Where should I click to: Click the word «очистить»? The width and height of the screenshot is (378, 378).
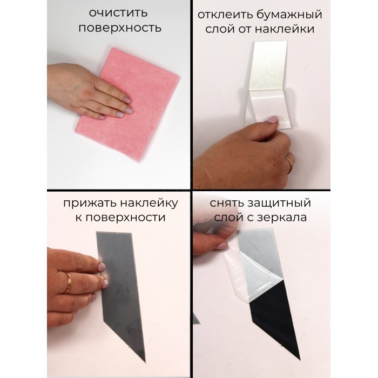[x=118, y=12]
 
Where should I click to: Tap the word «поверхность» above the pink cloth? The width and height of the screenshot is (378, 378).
[x=120, y=28]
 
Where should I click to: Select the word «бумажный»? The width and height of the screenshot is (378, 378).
[x=289, y=15]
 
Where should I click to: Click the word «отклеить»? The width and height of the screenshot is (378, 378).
[x=225, y=15]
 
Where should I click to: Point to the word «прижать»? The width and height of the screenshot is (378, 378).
[x=90, y=204]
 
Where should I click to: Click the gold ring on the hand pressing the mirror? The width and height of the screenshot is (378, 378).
[x=68, y=283]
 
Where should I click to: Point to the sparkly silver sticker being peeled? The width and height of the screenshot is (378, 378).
[x=268, y=65]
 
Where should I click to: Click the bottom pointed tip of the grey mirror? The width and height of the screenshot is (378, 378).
[x=145, y=362]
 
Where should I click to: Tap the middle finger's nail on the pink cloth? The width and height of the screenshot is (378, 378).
[x=128, y=111]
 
